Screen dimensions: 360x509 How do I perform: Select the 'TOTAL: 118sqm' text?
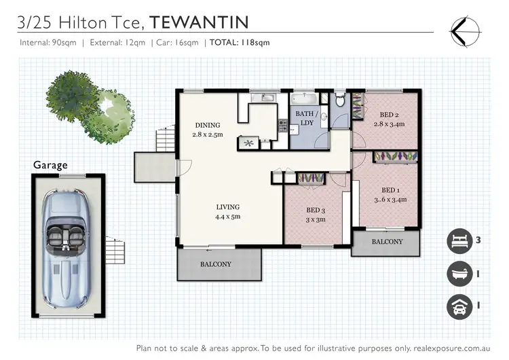(241, 42)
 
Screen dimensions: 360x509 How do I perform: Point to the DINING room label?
(208, 125)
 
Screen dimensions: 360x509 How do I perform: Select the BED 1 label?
(390, 190)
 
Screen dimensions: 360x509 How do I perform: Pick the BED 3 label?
(316, 210)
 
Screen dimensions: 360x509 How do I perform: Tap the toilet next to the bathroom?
(341, 101)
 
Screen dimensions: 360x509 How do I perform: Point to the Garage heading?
(51, 165)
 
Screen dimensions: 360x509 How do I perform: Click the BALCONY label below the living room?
(216, 264)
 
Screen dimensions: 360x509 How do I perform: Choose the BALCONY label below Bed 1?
(387, 241)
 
